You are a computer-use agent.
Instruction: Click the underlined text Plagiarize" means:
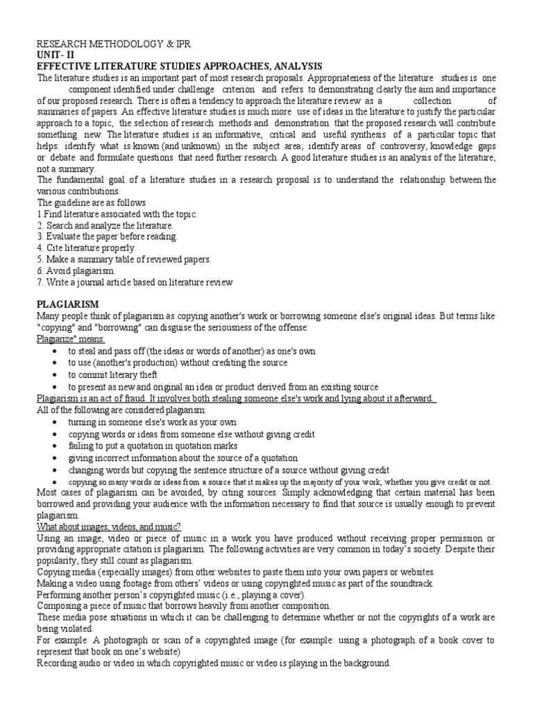tap(71, 338)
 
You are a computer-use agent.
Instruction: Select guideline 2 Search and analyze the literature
tap(105, 225)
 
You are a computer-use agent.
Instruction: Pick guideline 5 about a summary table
tap(123, 259)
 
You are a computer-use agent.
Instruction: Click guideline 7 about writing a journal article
tap(135, 282)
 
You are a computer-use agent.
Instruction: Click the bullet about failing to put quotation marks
tap(152, 446)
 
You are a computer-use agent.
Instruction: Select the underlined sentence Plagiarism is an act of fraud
tap(236, 398)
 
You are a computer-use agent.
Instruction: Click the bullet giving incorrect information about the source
tap(182, 458)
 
